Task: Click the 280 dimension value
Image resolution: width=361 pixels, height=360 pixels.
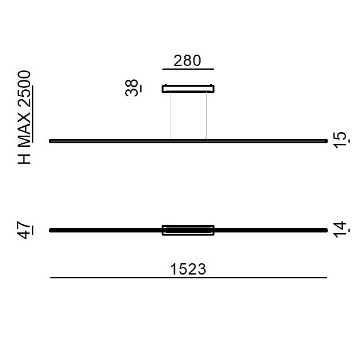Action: (187, 61)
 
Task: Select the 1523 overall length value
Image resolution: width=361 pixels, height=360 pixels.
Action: (188, 269)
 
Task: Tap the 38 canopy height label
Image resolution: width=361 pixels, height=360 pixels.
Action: (131, 87)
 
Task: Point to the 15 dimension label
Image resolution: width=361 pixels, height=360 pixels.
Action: (340, 140)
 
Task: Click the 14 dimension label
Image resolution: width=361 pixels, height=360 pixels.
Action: (340, 229)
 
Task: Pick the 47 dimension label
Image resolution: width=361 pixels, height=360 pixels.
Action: (24, 231)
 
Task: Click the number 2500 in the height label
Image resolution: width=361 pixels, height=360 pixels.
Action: (24, 89)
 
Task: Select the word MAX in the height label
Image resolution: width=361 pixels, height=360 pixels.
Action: (24, 129)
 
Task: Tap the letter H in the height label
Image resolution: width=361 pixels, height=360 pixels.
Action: (24, 158)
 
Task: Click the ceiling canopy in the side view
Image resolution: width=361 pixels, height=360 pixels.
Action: (188, 89)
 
